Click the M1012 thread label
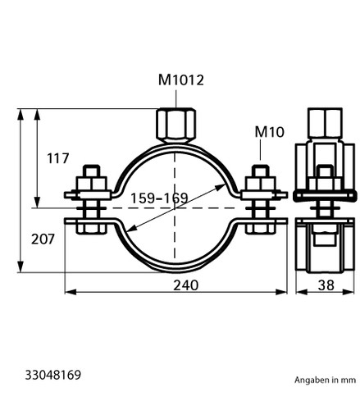181,80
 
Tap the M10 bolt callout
269,132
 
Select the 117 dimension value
58,158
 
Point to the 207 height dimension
43,239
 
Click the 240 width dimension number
186,285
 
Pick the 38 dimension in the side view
326,285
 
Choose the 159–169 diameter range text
159,198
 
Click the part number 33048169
53,375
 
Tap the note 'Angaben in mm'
325,380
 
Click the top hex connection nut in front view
176,125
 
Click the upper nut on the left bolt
91,184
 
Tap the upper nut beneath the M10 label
260,184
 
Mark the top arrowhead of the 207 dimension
21,114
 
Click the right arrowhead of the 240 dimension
281,292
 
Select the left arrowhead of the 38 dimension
302,292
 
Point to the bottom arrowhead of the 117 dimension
38,203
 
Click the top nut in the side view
325,123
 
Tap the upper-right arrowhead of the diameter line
221,188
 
